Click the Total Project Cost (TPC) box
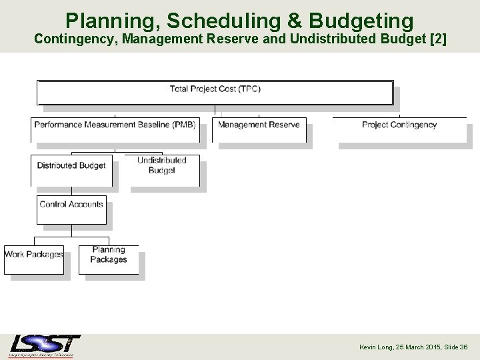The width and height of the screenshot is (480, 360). (215, 92)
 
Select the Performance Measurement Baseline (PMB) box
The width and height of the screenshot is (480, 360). (115, 129)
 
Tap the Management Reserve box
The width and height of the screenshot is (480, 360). (259, 129)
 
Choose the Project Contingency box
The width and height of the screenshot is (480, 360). (399, 129)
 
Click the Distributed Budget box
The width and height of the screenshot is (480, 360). (71, 170)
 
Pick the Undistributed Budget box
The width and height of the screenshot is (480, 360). (161, 170)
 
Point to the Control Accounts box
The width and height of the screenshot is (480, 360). (71, 209)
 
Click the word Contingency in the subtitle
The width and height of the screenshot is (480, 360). (73, 39)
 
